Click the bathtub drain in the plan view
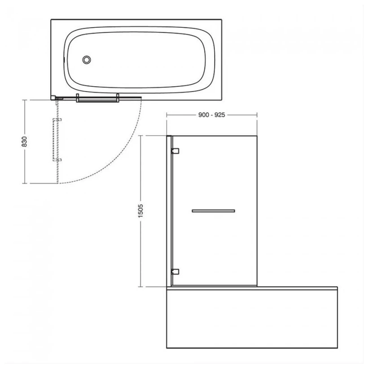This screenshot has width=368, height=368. click(x=87, y=60)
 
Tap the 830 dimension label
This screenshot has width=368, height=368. click(x=24, y=141)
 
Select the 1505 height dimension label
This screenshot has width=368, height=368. click(x=140, y=211)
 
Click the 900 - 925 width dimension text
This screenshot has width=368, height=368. click(x=212, y=115)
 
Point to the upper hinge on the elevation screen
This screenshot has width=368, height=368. click(x=175, y=151)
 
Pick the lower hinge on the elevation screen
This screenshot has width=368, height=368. click(x=175, y=272)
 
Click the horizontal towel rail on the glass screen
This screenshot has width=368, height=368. click(x=213, y=211)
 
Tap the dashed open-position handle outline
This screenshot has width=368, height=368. click(x=57, y=140)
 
